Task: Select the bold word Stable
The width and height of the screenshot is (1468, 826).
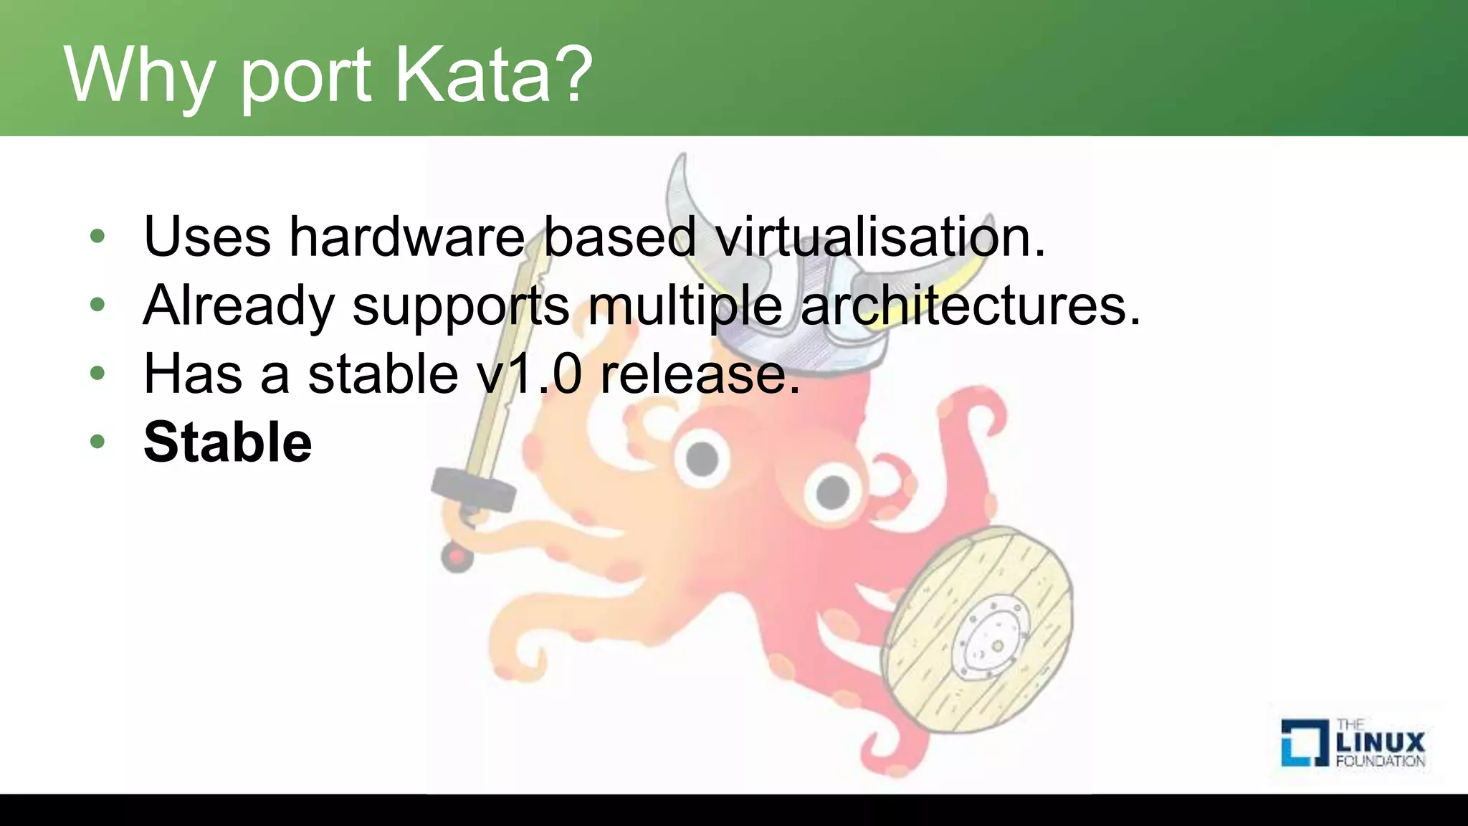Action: tap(227, 442)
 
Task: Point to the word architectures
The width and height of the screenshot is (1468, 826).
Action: tap(969, 305)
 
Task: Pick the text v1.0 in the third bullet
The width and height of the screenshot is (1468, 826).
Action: tap(529, 374)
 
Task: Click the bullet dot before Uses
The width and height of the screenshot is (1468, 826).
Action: tap(97, 236)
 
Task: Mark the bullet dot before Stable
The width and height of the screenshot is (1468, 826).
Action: tap(97, 441)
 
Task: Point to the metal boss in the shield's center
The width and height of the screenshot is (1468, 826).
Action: tap(993, 638)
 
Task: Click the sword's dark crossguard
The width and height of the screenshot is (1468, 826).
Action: tap(474, 489)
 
